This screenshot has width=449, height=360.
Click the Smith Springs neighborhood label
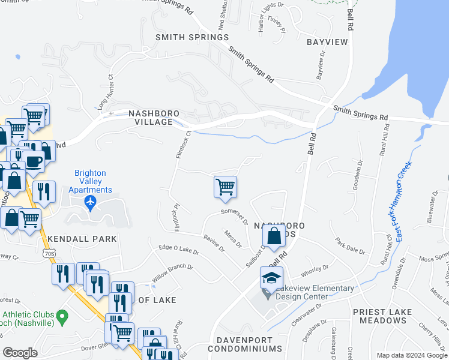tap(191, 37)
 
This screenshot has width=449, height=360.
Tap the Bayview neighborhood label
tap(327, 43)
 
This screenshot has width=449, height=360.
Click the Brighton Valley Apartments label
tap(90, 178)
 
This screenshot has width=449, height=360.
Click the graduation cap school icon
tap(271, 278)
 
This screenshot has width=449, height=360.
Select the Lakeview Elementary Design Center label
tap(315, 292)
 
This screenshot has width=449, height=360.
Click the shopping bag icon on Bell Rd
tap(274, 236)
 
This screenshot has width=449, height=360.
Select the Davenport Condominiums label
tap(245, 344)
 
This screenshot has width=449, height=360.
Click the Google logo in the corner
tap(20, 353)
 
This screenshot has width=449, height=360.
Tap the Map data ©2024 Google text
tap(411, 355)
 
